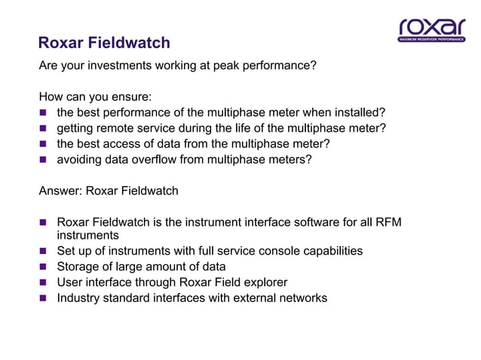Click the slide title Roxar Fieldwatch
point(104,43)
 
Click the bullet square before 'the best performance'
point(44,113)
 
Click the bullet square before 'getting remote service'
point(44,129)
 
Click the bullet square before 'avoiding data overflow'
point(44,160)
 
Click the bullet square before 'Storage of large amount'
point(44,267)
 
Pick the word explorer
point(265,282)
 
